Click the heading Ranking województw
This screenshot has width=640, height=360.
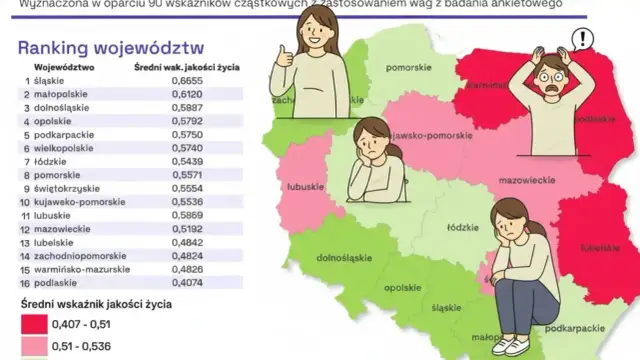[x=111, y=48]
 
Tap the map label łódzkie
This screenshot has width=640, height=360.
[x=461, y=228]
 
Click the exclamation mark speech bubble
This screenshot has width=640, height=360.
[x=581, y=40]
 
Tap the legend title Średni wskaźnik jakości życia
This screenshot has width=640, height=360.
[x=94, y=303]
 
